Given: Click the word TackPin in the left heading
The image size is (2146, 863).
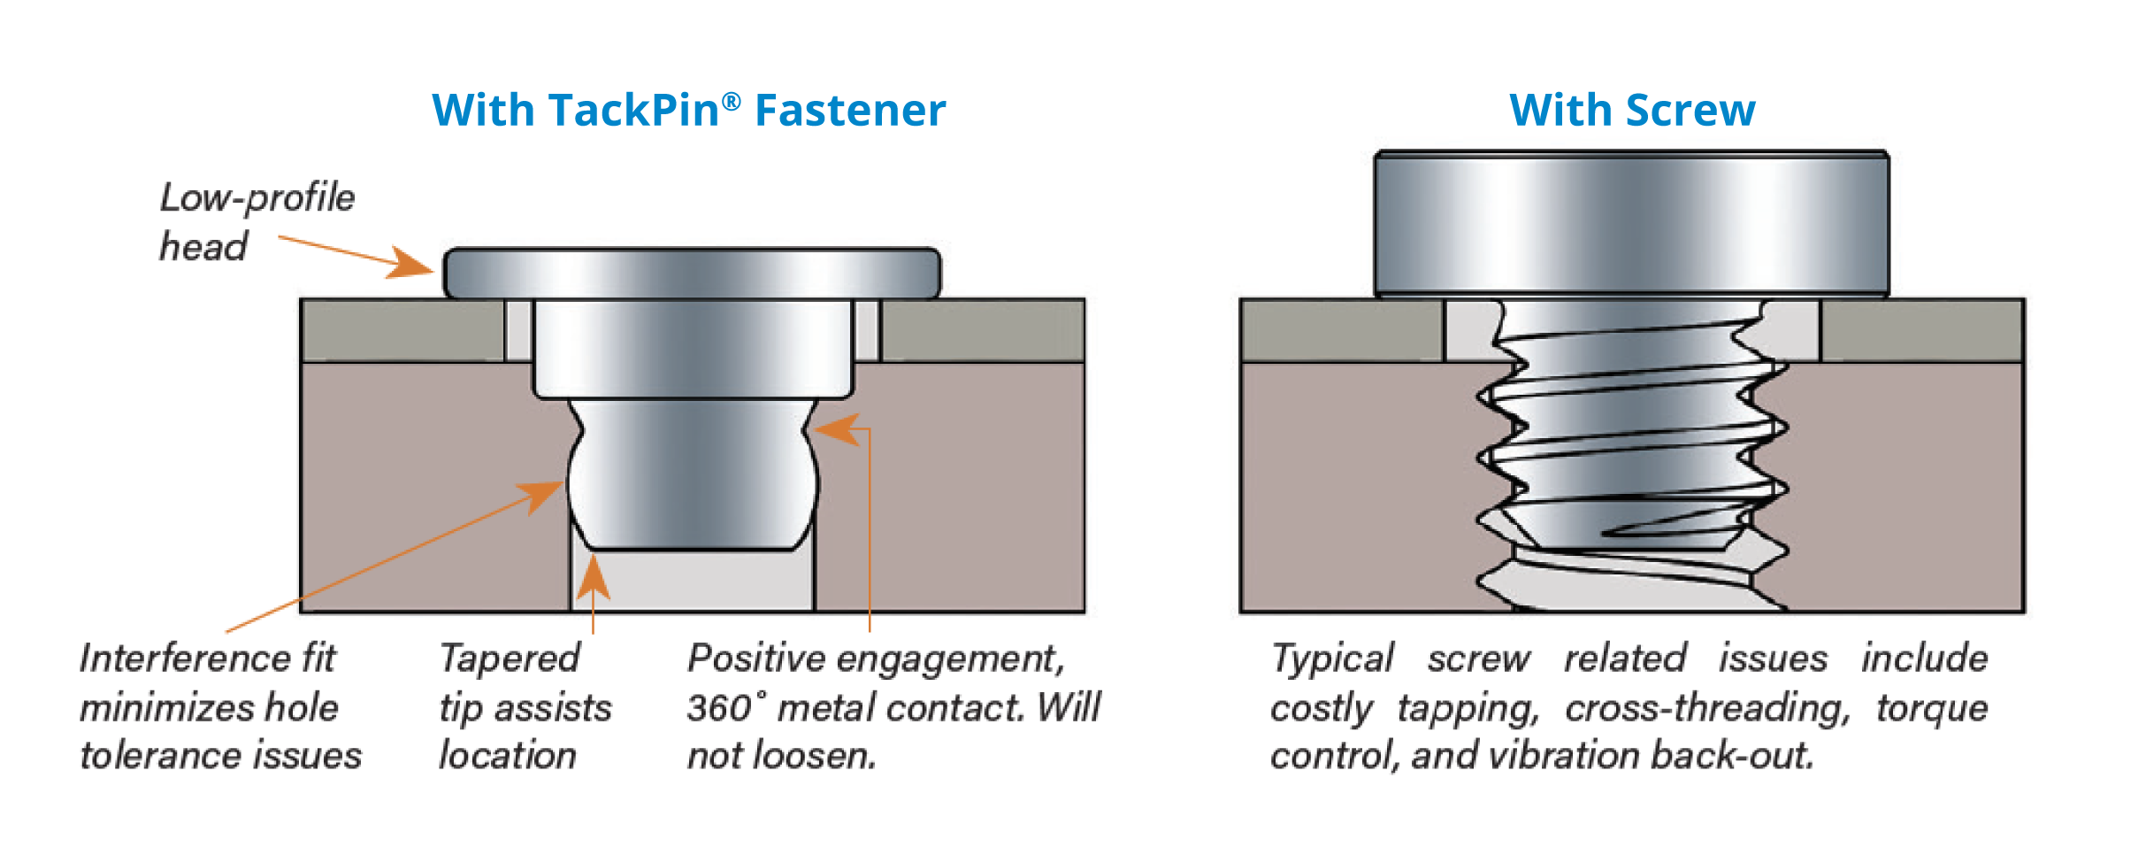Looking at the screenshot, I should tap(633, 112).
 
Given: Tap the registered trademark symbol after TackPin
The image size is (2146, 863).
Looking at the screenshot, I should tap(731, 101).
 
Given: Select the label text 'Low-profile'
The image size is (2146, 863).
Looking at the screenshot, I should tap(257, 197).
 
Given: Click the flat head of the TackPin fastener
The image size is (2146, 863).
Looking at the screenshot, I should tap(692, 274).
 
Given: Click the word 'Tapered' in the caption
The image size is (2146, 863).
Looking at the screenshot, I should tap(510, 659).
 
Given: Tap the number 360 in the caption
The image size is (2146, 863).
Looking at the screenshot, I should tap(718, 708).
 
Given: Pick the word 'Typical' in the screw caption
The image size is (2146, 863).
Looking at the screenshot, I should tap(1332, 659).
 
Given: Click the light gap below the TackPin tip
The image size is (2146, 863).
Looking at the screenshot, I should tap(692, 581).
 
